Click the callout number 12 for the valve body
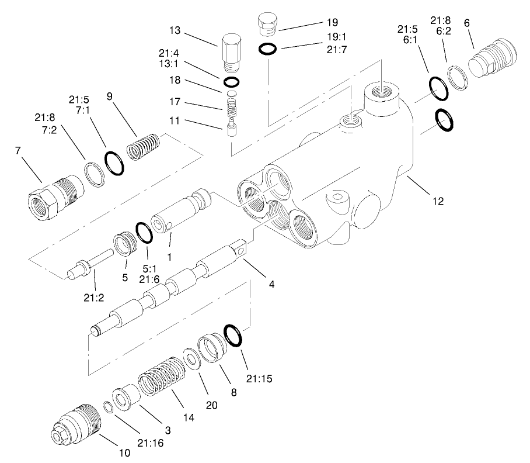[x=438, y=202]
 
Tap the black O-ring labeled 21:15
[x=232, y=336]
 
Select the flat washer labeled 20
[x=190, y=358]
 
